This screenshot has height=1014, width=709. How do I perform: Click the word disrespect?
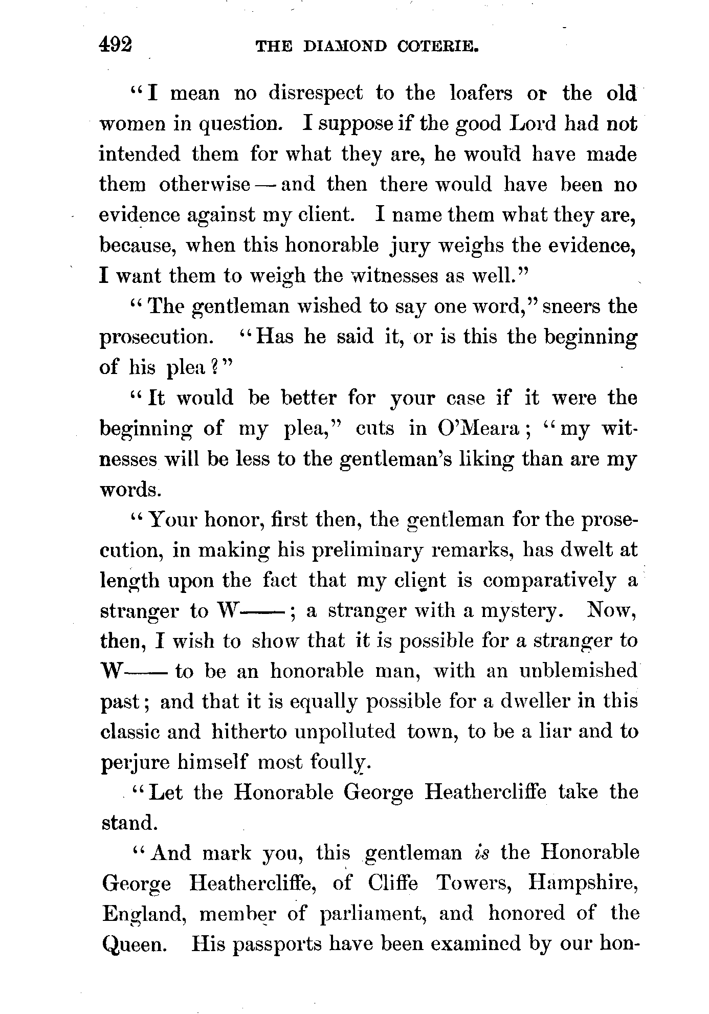click(315, 94)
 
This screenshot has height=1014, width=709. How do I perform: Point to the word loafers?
click(480, 94)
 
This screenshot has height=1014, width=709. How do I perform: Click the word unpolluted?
click(345, 732)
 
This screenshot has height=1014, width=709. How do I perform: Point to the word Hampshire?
click(583, 884)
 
